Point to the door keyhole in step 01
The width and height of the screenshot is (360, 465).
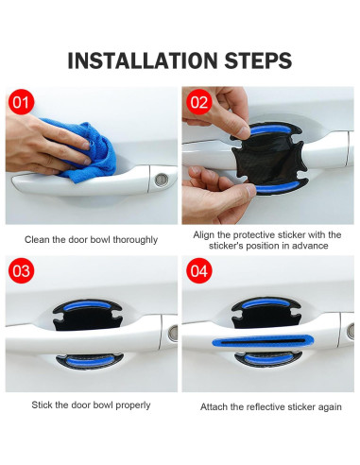163,177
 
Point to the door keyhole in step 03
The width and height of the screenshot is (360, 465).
173,333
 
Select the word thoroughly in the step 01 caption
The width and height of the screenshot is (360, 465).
133,239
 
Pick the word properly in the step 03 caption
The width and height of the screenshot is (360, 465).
130,405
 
